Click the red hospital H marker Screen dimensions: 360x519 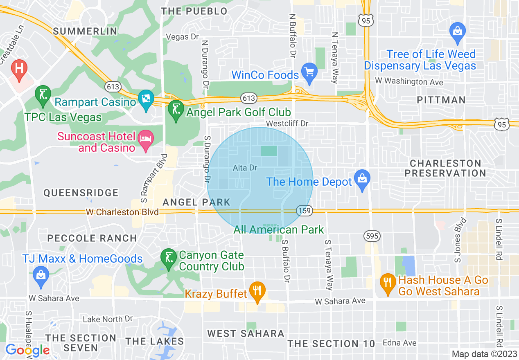click(19, 67)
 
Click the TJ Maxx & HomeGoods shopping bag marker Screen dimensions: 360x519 click(41, 274)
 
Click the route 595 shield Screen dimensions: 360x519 click(372, 236)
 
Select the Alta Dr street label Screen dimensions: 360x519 click(245, 168)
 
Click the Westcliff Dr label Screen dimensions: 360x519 click(287, 123)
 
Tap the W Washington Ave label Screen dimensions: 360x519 click(409, 81)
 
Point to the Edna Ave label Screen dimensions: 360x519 click(399, 343)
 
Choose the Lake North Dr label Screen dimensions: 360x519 click(108, 319)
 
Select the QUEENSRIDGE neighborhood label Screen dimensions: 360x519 click(81, 193)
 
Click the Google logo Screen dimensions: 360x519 click(27, 350)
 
